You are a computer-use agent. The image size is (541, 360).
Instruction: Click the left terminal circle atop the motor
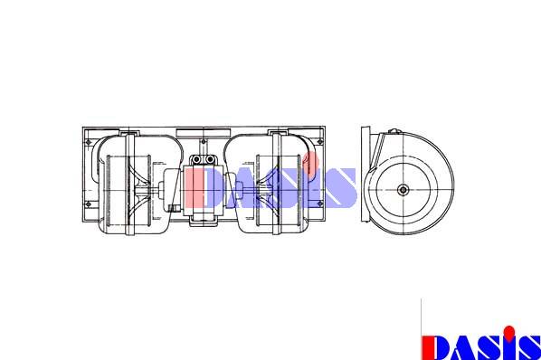click(x=196, y=159)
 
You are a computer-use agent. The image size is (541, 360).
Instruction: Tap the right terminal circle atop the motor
click(x=210, y=159)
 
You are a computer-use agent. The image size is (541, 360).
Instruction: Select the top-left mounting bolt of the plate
click(x=89, y=142)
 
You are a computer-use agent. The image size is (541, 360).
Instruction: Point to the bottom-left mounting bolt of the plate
click(x=89, y=204)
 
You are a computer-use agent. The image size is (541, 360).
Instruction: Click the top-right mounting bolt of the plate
click(x=320, y=141)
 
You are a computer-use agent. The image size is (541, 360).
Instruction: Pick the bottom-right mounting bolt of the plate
click(x=320, y=204)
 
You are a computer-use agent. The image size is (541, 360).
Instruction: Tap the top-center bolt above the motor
click(x=204, y=141)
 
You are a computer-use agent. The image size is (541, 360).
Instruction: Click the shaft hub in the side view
click(x=403, y=190)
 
